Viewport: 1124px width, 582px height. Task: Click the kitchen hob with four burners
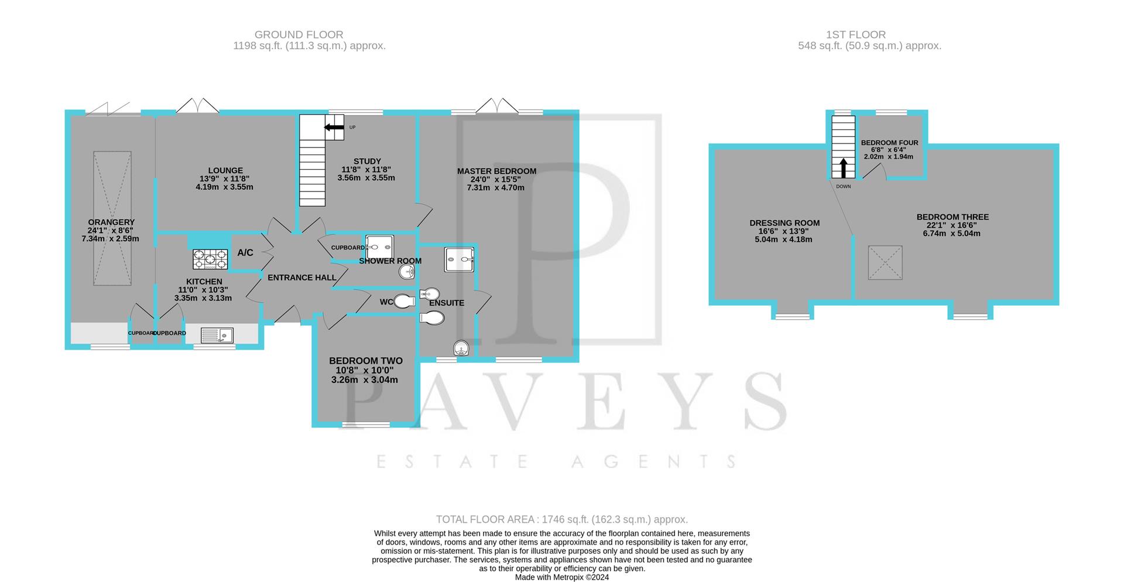point(210,259)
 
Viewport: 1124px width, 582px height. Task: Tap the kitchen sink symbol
point(217,335)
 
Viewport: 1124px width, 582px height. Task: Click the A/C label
point(245,253)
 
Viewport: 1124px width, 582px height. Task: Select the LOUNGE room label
point(225,171)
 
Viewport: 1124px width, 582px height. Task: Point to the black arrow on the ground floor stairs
point(334,128)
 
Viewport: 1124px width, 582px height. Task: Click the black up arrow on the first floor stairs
point(843,167)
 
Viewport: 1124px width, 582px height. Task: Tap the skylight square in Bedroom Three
point(885,262)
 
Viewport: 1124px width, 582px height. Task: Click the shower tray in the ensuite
point(460,259)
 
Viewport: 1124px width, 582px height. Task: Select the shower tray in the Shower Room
point(379,247)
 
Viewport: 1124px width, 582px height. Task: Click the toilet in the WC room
point(404,302)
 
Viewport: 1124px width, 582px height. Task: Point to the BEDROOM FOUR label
point(889,143)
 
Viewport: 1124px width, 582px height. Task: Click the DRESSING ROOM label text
point(784,223)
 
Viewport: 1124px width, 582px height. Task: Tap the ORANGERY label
point(111,222)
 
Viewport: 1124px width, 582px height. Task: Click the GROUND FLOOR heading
point(299,35)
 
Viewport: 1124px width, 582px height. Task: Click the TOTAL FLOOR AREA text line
point(561,519)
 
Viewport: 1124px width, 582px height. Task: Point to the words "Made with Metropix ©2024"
point(561,577)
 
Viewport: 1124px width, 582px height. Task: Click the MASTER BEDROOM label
point(496,172)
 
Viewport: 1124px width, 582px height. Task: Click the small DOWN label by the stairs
point(843,186)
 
